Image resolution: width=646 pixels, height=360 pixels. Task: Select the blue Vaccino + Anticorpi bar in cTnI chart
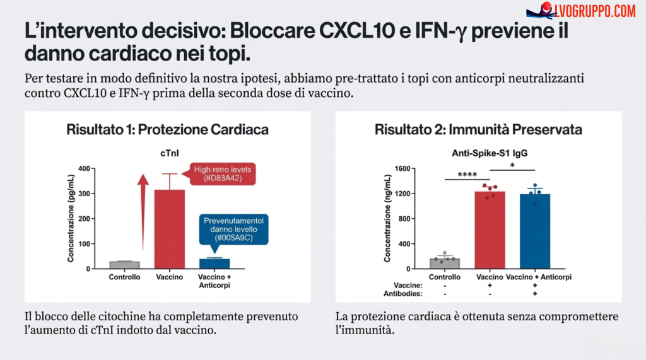click(x=214, y=264)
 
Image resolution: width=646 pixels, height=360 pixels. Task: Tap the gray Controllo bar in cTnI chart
click(x=124, y=265)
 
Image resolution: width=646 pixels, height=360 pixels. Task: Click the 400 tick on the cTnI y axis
click(x=84, y=168)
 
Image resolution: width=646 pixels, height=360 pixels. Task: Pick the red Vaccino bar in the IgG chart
click(x=490, y=230)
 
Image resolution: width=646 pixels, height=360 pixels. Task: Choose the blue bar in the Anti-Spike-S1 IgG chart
click(x=535, y=231)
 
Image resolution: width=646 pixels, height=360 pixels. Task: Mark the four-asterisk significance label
click(x=467, y=175)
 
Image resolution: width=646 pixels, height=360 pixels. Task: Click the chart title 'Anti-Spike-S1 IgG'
click(x=490, y=153)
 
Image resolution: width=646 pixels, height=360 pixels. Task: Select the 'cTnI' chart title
click(x=168, y=153)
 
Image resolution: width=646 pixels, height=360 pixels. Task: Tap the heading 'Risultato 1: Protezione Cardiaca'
click(x=167, y=129)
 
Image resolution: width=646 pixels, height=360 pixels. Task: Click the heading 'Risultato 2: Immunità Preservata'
click(x=478, y=129)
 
